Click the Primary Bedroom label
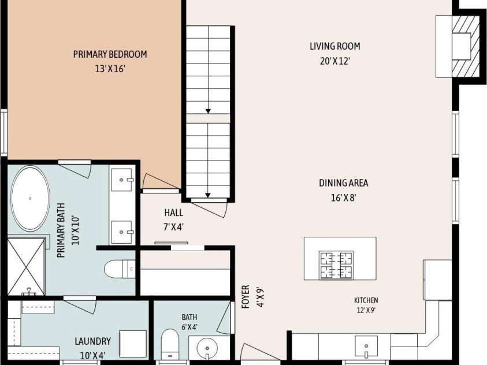110,54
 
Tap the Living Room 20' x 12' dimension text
335,61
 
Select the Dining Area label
344,183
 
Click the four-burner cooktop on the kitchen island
336,265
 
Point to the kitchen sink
366,346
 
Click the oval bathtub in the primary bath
30,198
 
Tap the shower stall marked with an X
26,267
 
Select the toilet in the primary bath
120,269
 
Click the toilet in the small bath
170,345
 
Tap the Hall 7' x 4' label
174,220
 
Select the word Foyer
246,297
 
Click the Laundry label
93,341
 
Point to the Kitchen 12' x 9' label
366,305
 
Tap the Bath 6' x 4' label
189,322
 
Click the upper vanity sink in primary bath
121,180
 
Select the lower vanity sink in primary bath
121,232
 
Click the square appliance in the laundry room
133,344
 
